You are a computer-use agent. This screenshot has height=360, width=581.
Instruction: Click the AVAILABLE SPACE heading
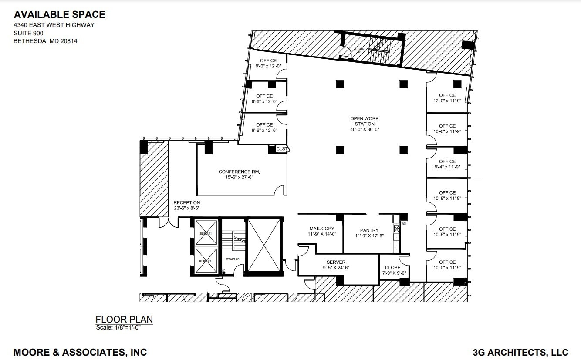[x=59, y=14]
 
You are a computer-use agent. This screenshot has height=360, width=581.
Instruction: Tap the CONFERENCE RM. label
[x=242, y=175]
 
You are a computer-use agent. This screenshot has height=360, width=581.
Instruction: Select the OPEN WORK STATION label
[x=365, y=124]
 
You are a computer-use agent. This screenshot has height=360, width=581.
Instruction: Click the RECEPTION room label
[x=187, y=205]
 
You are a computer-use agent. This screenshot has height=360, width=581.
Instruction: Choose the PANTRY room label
[x=369, y=233]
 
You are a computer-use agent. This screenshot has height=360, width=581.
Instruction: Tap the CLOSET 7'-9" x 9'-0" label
[x=394, y=270]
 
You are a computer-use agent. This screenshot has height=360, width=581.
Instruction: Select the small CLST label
[x=282, y=149]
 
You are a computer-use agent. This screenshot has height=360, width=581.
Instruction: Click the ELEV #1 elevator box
[x=206, y=233]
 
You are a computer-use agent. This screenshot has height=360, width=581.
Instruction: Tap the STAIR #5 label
[x=233, y=259]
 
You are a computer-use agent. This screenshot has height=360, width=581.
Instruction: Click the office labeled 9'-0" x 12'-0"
[x=268, y=64]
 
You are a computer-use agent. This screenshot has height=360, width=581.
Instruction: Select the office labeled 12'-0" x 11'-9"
[x=447, y=98]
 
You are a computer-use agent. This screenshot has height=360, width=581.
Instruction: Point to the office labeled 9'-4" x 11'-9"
[x=447, y=164]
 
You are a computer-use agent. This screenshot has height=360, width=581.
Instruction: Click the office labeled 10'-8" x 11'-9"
[x=447, y=195]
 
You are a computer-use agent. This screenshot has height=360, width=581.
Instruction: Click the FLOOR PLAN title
[x=124, y=319]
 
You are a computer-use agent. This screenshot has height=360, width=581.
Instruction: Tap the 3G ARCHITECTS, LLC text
[x=520, y=352]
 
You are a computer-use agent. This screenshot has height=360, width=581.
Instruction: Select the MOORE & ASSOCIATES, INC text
[x=80, y=352]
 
